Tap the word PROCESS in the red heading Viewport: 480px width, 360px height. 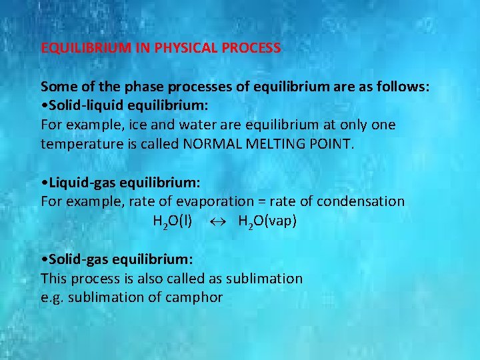click(x=255, y=49)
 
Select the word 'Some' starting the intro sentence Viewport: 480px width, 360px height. click(x=56, y=87)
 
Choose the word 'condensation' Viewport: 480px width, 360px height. click(x=361, y=201)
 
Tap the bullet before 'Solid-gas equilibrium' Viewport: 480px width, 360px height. click(x=43, y=259)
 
